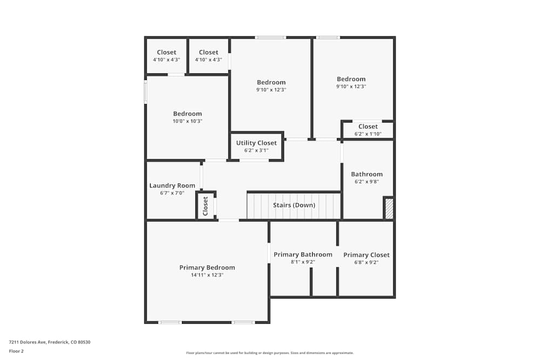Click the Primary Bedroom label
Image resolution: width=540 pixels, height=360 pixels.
coord(207,268)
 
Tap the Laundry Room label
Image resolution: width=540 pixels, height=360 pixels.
coord(172,186)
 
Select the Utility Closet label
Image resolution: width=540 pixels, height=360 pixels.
coord(256,143)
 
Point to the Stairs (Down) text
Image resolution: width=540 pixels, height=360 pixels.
coord(294,205)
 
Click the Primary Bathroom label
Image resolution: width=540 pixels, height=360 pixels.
coord(303,255)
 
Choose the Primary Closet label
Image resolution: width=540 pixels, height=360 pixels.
coord(367,255)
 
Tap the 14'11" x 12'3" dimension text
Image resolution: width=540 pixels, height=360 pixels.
coord(207,275)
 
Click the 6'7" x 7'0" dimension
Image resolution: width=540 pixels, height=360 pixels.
coord(172,193)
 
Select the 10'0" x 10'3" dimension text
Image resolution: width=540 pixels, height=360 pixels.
coord(187,121)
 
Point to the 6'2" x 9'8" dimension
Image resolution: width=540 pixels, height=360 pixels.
coord(367,182)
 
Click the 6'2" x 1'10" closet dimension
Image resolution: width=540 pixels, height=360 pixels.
coord(368,134)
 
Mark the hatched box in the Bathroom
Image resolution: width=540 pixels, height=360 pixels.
coord(389,208)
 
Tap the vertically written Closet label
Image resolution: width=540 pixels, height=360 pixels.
coord(206,206)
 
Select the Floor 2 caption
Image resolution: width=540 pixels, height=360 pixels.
coord(16,351)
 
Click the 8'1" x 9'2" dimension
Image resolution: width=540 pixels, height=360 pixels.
coord(303,262)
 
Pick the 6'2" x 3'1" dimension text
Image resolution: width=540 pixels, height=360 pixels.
coord(256,151)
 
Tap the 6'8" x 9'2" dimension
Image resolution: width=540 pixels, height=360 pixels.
coord(367,263)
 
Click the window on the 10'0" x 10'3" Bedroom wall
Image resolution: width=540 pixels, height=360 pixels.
coord(145,92)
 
